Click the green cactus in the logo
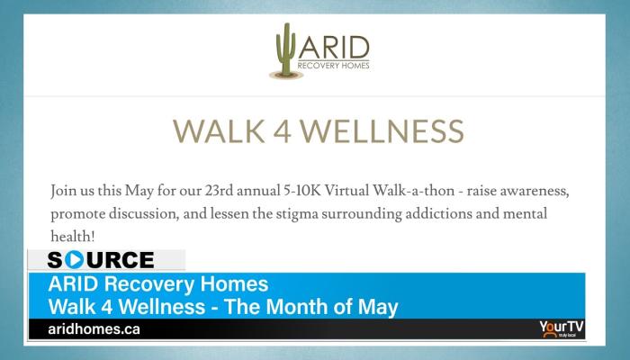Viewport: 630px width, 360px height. point(285,49)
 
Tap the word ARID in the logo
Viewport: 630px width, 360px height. point(334,48)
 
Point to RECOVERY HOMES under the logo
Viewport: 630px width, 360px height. point(334,66)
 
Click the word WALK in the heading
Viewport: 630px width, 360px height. point(219,131)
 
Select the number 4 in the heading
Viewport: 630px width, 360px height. point(283,131)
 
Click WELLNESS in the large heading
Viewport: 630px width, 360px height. point(382,131)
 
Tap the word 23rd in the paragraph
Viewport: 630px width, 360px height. point(219,190)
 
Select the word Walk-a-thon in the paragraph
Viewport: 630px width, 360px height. point(414,190)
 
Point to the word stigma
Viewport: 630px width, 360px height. point(296,214)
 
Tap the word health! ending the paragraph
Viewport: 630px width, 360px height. point(73,236)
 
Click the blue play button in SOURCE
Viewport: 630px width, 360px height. point(74,259)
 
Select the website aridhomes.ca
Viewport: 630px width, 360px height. point(94,329)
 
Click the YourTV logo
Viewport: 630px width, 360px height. point(562,328)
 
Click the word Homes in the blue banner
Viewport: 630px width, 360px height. point(234,283)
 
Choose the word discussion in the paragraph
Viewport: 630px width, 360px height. point(144,214)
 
